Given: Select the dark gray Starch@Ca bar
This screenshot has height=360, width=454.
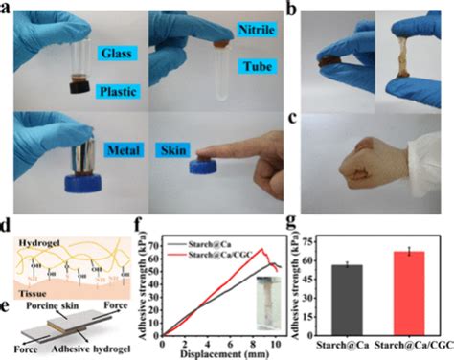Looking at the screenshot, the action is click(346, 300).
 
